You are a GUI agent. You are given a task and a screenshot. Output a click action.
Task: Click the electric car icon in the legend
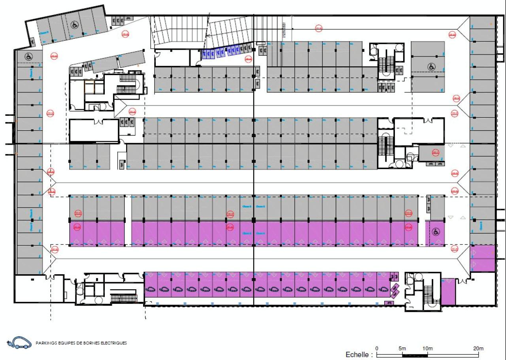click(19, 343)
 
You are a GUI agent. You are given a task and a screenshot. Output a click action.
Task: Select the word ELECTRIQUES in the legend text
click(114, 343)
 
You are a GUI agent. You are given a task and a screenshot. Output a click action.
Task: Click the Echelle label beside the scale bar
click(359, 354)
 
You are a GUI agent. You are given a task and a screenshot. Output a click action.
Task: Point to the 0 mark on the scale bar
click(377, 349)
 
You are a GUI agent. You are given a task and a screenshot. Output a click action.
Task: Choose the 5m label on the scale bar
click(402, 349)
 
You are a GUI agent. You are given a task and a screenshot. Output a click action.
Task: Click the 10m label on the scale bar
click(427, 349)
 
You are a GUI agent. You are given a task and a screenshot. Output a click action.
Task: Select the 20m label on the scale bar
click(478, 349)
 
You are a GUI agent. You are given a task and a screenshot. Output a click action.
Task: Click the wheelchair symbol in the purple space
click(435, 232)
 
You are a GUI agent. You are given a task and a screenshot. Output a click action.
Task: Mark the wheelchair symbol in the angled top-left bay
click(74, 25)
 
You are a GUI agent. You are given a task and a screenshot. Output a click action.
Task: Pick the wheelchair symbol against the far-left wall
click(28, 57)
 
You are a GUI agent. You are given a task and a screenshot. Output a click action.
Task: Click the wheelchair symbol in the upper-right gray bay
click(432, 67)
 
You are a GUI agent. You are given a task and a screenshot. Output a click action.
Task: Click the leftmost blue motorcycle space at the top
click(205, 54)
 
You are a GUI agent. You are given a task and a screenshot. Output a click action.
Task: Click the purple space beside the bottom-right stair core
click(448, 292)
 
